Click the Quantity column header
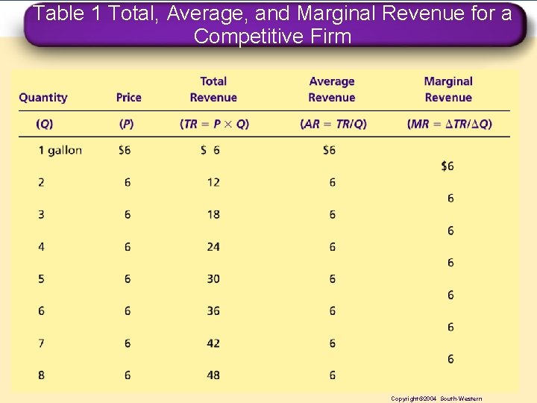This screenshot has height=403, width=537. (43, 97)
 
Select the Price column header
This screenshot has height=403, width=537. (128, 97)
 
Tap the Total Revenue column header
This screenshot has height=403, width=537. (213, 90)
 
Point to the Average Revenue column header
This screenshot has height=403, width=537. (331, 90)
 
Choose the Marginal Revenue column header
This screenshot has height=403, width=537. (448, 90)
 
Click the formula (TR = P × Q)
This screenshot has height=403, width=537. (214, 124)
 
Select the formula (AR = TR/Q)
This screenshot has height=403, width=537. (333, 124)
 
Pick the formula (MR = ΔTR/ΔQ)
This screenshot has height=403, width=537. (450, 124)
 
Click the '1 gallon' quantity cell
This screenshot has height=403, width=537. (60, 150)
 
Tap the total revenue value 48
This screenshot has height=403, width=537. (213, 375)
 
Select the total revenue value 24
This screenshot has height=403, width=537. (213, 246)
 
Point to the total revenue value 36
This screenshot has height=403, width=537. (213, 310)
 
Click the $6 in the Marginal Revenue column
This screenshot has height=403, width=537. (447, 166)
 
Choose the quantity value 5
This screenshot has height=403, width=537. (41, 278)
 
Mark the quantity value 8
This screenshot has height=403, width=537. (41, 375)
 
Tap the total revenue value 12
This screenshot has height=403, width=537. (213, 182)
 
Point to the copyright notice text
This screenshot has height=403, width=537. (436, 399)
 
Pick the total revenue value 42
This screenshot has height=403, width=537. (213, 343)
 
